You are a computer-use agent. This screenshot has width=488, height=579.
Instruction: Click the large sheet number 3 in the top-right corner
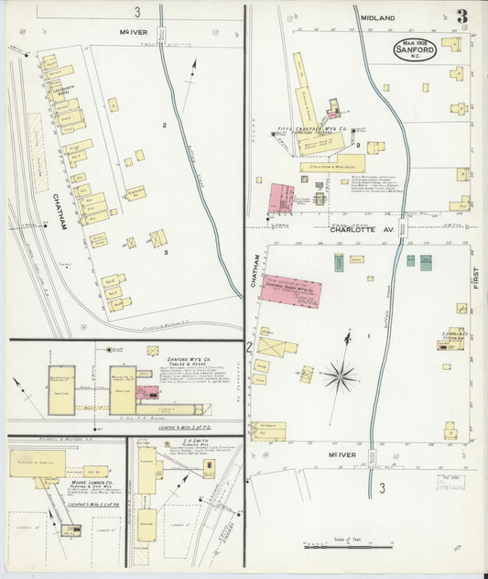tap(463, 16)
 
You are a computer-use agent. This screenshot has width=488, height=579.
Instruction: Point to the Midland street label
tap(377, 17)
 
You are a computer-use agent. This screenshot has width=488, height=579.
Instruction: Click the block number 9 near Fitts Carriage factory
tap(358, 145)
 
